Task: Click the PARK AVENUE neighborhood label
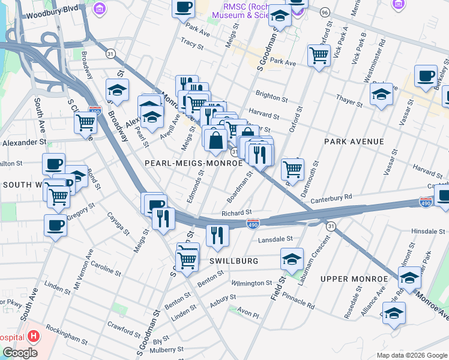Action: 354,142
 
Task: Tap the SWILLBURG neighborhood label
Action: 234,261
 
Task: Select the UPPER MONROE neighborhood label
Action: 354,279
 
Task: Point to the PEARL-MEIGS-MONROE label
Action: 185,163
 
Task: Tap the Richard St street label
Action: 236,213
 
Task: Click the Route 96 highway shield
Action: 325,13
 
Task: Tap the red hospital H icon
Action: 34,337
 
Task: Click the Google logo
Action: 20,353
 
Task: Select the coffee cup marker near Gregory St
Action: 55,226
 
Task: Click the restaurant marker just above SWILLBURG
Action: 217,235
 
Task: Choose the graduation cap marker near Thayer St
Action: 381,94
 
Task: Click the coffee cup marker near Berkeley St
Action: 426,76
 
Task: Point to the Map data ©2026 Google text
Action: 412,355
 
